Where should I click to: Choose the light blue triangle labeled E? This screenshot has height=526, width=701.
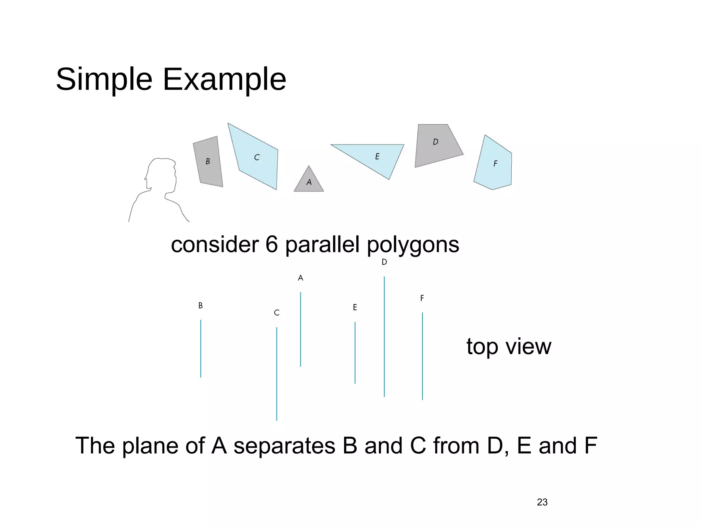[377, 156]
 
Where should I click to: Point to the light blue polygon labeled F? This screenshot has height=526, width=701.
[494, 164]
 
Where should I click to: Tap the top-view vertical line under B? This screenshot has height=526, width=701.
[201, 349]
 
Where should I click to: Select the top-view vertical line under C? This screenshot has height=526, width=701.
[277, 374]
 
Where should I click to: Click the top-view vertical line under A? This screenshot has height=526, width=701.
[301, 329]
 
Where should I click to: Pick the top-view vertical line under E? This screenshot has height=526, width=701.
[355, 353]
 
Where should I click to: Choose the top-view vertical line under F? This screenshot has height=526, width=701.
[422, 356]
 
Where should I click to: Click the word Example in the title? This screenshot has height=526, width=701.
[224, 80]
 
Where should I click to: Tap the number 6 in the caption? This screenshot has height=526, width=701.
[271, 245]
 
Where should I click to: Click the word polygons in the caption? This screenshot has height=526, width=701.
[413, 245]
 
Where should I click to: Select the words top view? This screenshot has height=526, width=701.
[509, 347]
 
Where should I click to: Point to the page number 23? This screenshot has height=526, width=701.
[542, 502]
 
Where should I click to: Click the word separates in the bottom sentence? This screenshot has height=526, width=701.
[284, 446]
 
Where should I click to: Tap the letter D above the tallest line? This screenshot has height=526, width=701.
[384, 262]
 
